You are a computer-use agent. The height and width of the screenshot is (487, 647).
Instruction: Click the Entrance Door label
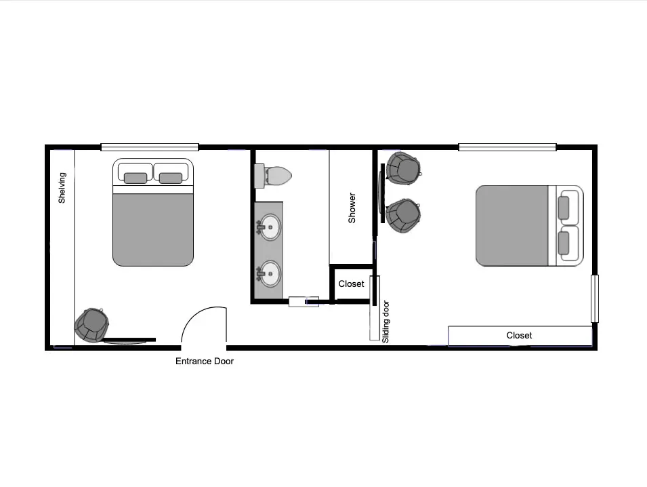[205, 361]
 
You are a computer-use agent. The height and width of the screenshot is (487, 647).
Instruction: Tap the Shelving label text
[62, 188]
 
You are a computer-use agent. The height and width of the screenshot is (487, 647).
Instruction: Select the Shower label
[352, 208]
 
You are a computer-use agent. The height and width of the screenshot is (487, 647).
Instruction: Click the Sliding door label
[385, 322]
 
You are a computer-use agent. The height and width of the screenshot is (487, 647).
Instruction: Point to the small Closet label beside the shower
[351, 284]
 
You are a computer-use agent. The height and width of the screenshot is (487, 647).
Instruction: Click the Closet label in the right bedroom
[519, 336]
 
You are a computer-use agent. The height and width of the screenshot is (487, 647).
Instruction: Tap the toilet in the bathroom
[273, 176]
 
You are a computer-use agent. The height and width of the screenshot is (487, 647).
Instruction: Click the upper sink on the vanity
[268, 227]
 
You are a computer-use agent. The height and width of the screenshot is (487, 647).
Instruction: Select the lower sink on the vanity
[268, 273]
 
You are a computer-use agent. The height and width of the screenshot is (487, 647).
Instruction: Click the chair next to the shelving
[91, 325]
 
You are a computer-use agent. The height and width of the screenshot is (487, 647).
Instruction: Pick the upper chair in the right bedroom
[404, 169]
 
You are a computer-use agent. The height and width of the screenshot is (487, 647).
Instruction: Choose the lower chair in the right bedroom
[404, 216]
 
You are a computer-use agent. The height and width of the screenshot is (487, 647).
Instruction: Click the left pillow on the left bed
[135, 178]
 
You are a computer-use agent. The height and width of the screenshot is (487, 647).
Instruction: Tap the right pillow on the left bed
[171, 178]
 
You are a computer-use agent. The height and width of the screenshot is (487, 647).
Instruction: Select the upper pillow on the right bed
[564, 208]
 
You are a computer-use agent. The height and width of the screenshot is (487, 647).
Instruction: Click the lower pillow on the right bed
[564, 243]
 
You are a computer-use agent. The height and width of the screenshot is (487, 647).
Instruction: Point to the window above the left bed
[150, 147]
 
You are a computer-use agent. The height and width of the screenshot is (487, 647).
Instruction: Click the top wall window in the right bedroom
[507, 147]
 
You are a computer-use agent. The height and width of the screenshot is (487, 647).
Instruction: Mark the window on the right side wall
[595, 298]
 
